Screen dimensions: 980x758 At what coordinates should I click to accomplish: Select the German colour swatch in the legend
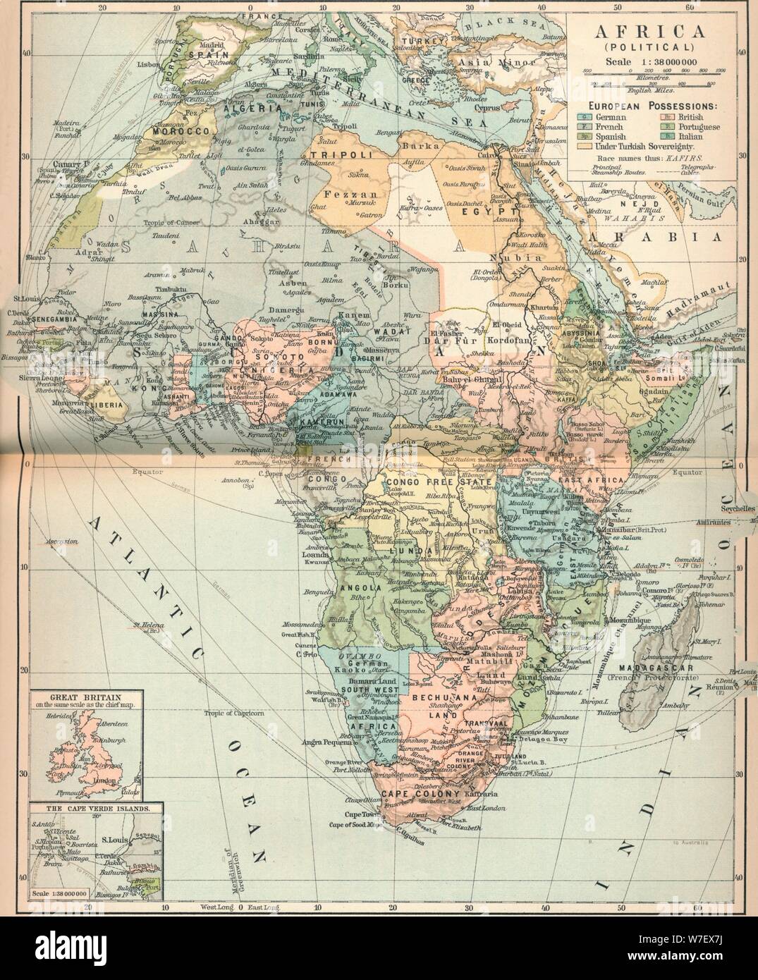pyautogui.click(x=583, y=116)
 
